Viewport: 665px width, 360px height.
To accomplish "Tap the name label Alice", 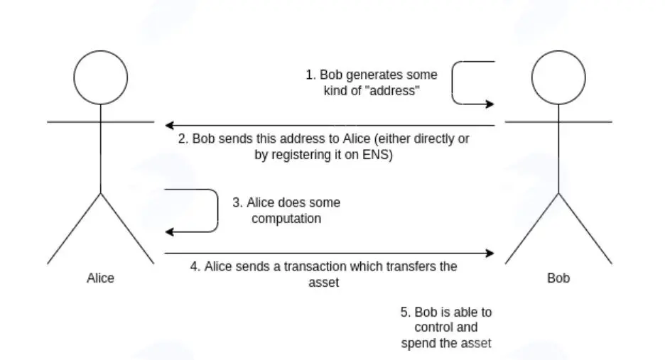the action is (100, 278).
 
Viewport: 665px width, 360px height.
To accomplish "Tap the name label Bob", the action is (558, 278).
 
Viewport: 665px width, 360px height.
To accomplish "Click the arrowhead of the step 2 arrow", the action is (169, 125).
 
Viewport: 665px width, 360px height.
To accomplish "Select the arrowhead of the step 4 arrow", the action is (490, 253).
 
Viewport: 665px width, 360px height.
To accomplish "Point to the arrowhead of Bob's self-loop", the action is (490, 104).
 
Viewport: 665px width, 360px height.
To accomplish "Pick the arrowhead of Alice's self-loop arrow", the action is (169, 232).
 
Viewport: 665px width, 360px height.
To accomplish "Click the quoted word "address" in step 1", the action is (392, 91).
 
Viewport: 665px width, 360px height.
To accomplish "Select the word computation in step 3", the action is (286, 219).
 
